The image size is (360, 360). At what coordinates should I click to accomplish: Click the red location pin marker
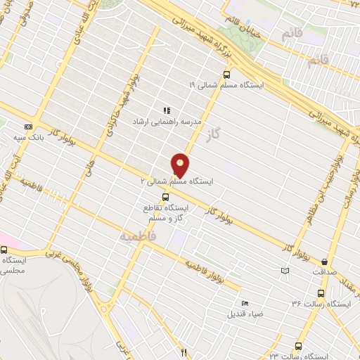pyautogui.click(x=181, y=165)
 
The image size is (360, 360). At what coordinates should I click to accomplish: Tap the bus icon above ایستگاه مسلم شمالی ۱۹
pyautogui.click(x=226, y=74)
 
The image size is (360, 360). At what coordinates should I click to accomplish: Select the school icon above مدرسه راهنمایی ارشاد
pyautogui.click(x=167, y=110)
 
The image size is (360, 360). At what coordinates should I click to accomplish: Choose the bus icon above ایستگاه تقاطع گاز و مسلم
pyautogui.click(x=165, y=197)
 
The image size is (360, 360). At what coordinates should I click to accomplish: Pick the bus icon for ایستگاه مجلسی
pyautogui.click(x=4, y=250)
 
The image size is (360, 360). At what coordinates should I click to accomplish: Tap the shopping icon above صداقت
pyautogui.click(x=324, y=260)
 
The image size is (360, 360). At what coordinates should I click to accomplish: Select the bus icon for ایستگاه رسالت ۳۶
pyautogui.click(x=321, y=294)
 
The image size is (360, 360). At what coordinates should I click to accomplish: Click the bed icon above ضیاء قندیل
pyautogui.click(x=244, y=303)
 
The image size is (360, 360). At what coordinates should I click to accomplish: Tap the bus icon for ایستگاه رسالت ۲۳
pyautogui.click(x=299, y=347)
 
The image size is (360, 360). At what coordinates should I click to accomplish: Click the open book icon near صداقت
pyautogui.click(x=284, y=271)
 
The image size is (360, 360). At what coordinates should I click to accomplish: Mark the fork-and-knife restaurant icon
pyautogui.click(x=184, y=352)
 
